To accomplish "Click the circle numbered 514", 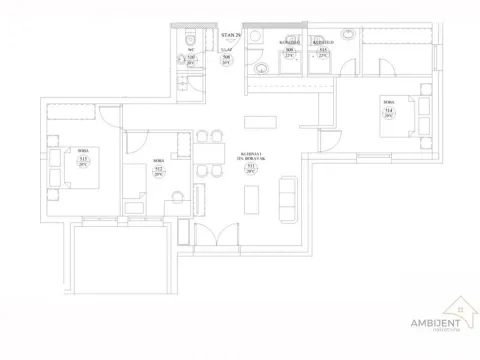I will [x=386, y=112].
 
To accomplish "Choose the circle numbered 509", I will [x=290, y=54].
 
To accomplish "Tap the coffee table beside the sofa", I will [x=262, y=197].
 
